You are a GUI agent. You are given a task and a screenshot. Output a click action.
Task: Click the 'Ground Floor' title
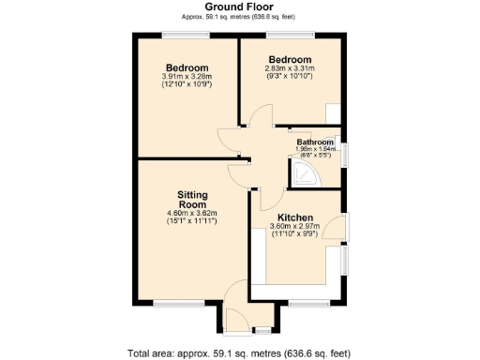[x=238, y=7]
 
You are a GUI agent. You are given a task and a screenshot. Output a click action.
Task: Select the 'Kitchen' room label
[x=294, y=217]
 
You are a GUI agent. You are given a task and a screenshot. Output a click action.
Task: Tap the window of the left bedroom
[x=185, y=37]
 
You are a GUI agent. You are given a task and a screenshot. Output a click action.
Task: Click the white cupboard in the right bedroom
[x=334, y=113]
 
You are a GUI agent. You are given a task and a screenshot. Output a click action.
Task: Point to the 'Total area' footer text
[x=238, y=352]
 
